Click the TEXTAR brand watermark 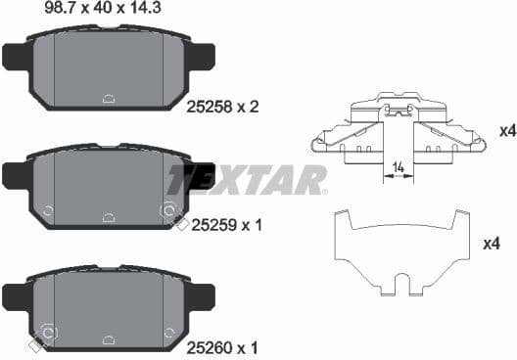245,179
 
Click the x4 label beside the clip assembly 506,130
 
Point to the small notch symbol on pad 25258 109,97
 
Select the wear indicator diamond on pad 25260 35,345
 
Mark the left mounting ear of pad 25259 17,176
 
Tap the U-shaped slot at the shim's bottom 399,285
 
